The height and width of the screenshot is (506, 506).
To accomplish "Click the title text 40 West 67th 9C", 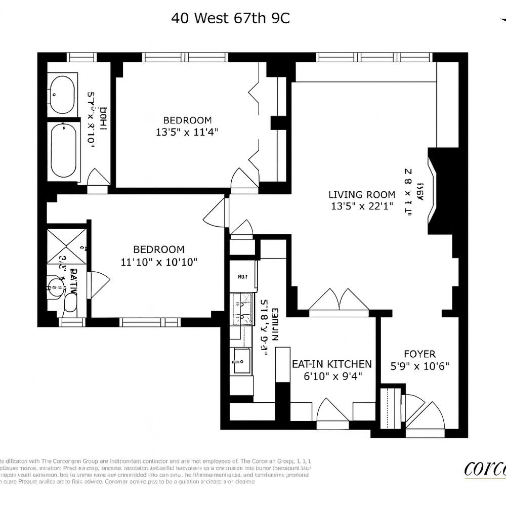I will coord(230,19).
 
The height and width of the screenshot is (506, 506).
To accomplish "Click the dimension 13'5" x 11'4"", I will coord(187,132).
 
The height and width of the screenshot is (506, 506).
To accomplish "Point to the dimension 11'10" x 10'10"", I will coord(158,262).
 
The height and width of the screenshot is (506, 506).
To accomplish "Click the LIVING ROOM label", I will coord(361,194).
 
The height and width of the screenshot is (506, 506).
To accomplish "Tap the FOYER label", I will coord(419,354).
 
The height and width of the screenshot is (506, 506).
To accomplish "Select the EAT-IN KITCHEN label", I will coord(332,364).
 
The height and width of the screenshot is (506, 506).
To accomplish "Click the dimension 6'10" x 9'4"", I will coord(332,376).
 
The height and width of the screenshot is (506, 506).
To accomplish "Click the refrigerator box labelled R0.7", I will coord(242,277).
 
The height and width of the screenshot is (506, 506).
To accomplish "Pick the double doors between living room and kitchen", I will coord(339,302).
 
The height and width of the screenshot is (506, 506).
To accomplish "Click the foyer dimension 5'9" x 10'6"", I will coord(420,366).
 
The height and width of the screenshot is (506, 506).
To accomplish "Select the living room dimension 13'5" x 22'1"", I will coord(361,206).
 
